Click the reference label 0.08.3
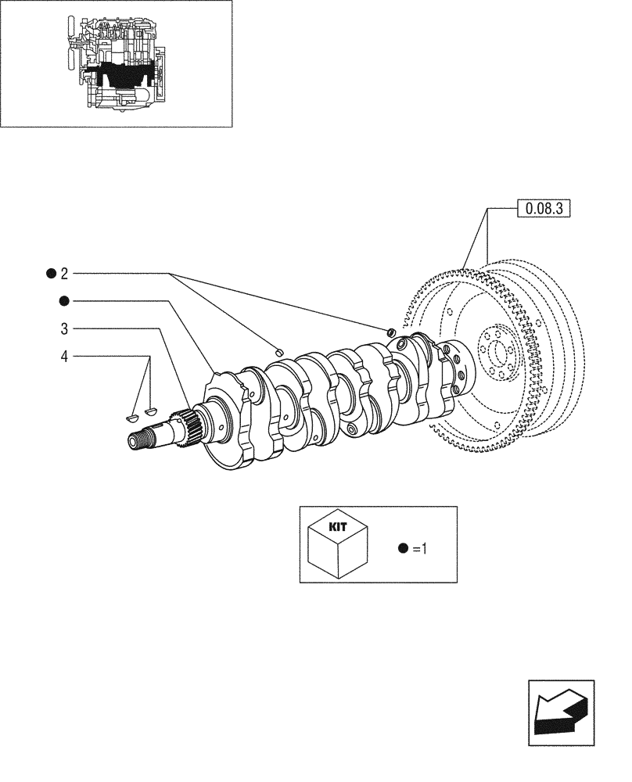544,209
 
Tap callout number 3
64,328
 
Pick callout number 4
64,357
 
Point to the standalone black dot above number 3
64,301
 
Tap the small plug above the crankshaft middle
278,351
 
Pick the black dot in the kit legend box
403,549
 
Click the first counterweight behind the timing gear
231,422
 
